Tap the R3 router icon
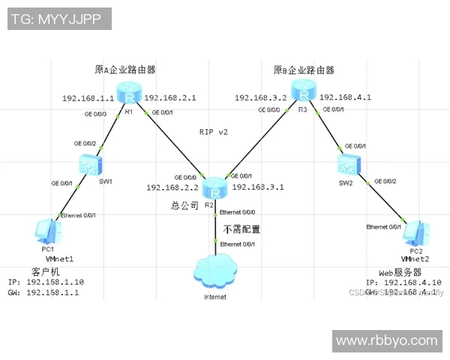click(x=302, y=94)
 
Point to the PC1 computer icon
click(x=46, y=231)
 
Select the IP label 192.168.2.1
click(x=169, y=98)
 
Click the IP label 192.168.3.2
click(x=260, y=98)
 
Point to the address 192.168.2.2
click(x=172, y=187)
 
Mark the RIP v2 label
click(x=213, y=131)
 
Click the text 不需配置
click(x=241, y=229)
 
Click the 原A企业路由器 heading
click(x=125, y=70)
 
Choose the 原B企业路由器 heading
click(x=304, y=70)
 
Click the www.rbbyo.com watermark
click(x=386, y=340)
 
